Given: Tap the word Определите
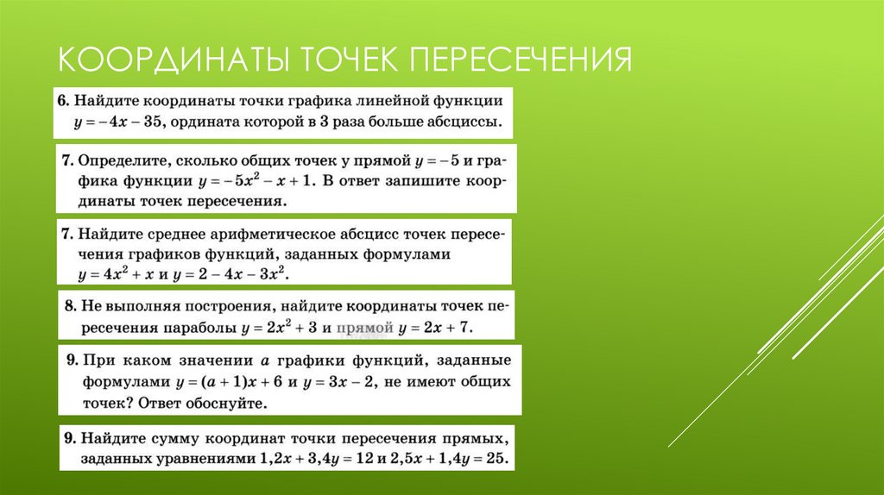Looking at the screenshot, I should pyautogui.click(x=124, y=160).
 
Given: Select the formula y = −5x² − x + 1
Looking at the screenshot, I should pyautogui.click(x=259, y=181).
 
